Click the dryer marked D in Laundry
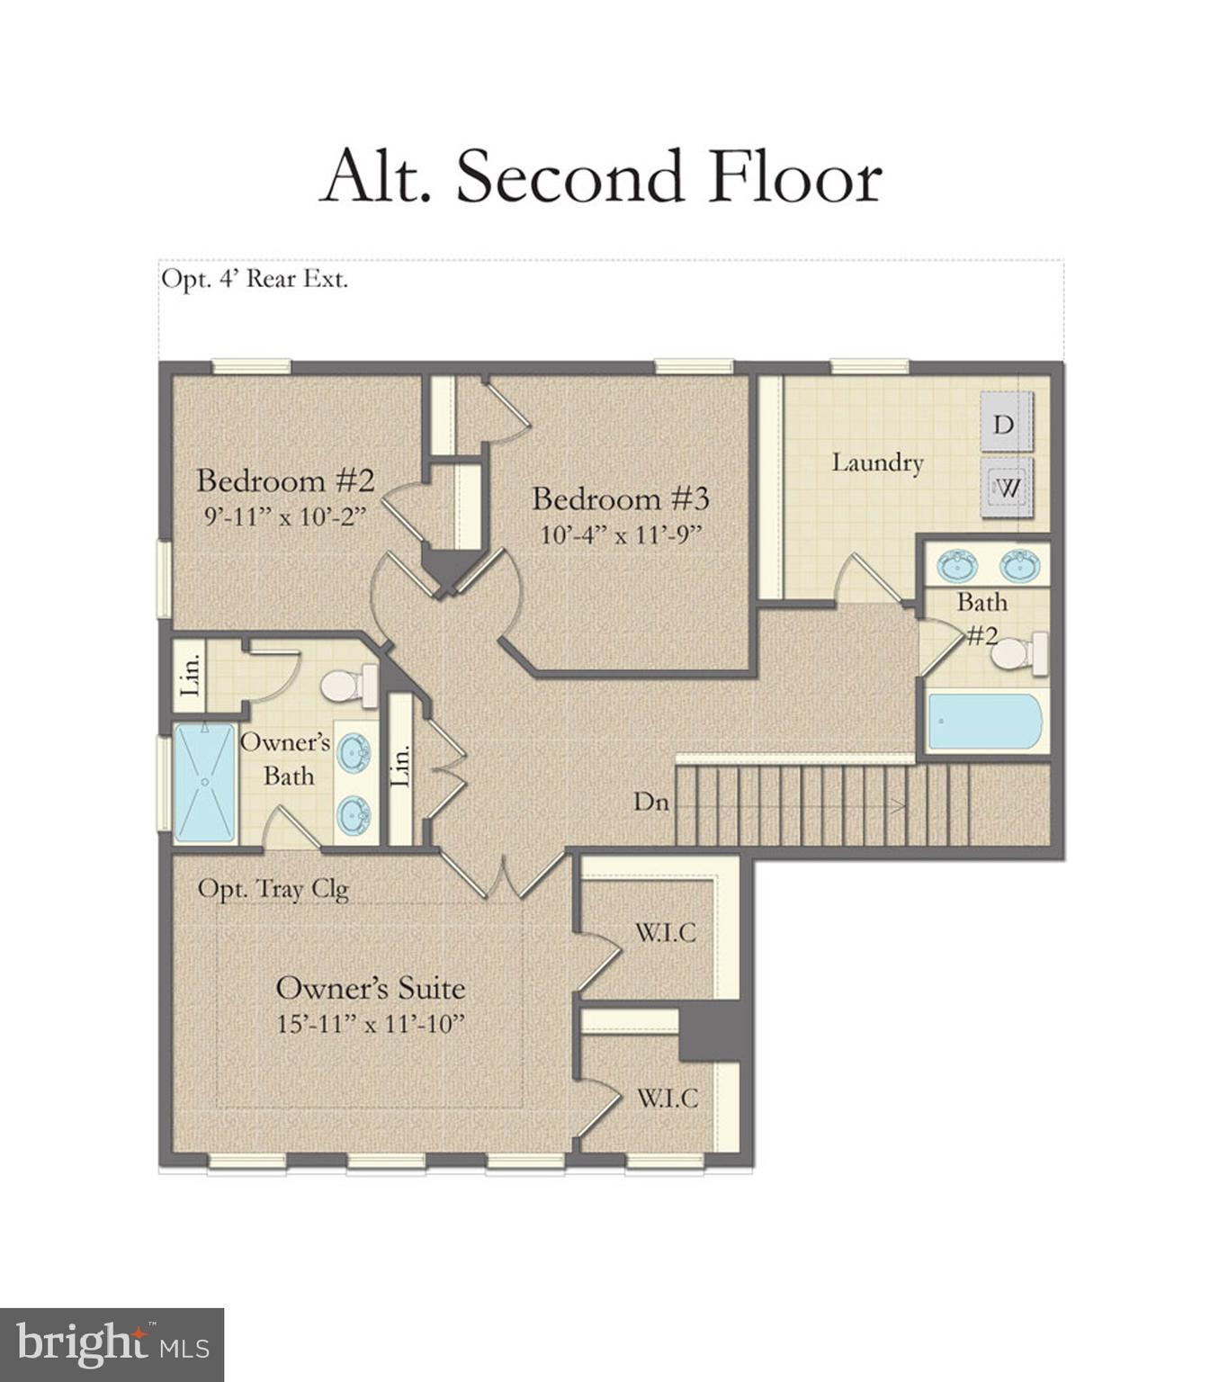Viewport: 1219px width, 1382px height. click(x=1006, y=422)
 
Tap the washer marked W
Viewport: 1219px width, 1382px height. click(x=1006, y=487)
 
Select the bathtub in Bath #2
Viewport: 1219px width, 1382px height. click(x=985, y=722)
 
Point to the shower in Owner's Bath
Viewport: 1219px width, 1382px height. click(x=204, y=783)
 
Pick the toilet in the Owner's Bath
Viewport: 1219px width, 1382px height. click(x=348, y=685)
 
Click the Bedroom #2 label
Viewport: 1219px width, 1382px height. click(x=286, y=480)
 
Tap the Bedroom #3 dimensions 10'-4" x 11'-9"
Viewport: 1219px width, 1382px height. click(x=621, y=534)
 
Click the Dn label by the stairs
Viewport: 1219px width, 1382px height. click(x=650, y=802)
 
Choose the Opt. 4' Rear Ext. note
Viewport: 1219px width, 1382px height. click(x=255, y=279)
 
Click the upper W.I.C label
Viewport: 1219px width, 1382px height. click(x=666, y=932)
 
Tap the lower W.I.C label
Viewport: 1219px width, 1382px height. click(x=668, y=1099)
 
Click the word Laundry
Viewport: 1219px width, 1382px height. click(x=877, y=463)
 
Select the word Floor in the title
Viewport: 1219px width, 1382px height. click(x=795, y=175)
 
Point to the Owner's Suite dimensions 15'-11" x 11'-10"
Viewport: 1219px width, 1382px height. click(x=371, y=1023)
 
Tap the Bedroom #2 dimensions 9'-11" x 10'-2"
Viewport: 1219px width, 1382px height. click(x=286, y=516)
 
